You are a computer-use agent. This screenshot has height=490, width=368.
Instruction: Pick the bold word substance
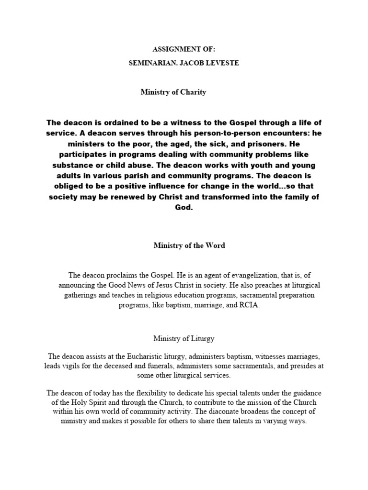(77, 165)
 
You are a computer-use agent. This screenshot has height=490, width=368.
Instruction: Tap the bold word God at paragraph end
(184, 207)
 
